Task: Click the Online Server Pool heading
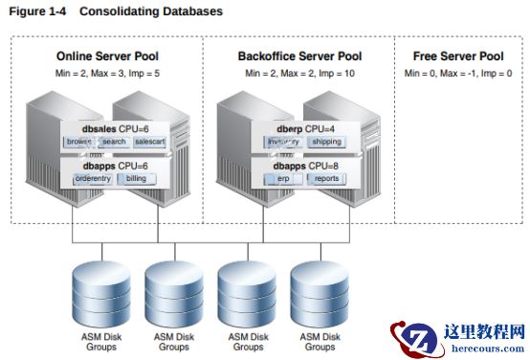pyautogui.click(x=107, y=56)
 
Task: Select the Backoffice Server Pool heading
pyautogui.click(x=299, y=56)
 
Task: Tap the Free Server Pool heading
pyautogui.click(x=458, y=56)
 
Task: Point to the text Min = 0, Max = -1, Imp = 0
pyautogui.click(x=458, y=74)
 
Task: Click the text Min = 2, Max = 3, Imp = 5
pyautogui.click(x=107, y=74)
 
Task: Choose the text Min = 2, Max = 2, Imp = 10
pyautogui.click(x=299, y=74)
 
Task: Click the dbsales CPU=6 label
pyautogui.click(x=115, y=129)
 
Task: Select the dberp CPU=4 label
pyautogui.click(x=305, y=129)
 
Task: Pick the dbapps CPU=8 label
pyautogui.click(x=305, y=167)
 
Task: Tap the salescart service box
pyautogui.click(x=150, y=142)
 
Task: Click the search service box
pyautogui.click(x=114, y=142)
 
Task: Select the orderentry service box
pyautogui.click(x=93, y=179)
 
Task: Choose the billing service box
pyautogui.click(x=137, y=179)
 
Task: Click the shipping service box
pyautogui.click(x=326, y=142)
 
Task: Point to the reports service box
pyautogui.click(x=326, y=179)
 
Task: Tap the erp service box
pyautogui.click(x=283, y=179)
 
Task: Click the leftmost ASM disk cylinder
pyautogui.click(x=101, y=294)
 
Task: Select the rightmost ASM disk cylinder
pyautogui.click(x=320, y=294)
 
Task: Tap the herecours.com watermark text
pyautogui.click(x=488, y=349)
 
